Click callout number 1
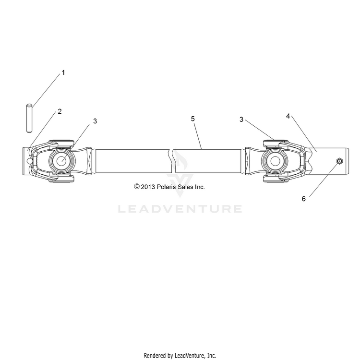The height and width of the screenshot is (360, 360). pyautogui.click(x=63, y=73)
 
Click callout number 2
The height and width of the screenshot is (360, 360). pyautogui.click(x=60, y=111)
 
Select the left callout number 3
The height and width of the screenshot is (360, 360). pyautogui.click(x=95, y=121)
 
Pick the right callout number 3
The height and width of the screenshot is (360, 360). pyautogui.click(x=241, y=120)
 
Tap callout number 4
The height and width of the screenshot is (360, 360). pyautogui.click(x=288, y=116)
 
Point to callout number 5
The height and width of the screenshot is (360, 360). pyautogui.click(x=193, y=119)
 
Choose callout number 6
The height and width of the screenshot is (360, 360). pyautogui.click(x=304, y=199)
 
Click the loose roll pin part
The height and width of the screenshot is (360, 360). pyautogui.click(x=29, y=119)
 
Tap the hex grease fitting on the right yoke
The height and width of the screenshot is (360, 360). pyautogui.click(x=339, y=161)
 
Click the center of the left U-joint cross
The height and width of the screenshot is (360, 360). pyautogui.click(x=62, y=161)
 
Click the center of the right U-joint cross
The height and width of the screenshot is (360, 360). pyautogui.click(x=275, y=161)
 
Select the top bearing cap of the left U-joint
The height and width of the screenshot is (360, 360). pyautogui.click(x=61, y=143)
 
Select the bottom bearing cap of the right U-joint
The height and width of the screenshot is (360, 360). pyautogui.click(x=276, y=179)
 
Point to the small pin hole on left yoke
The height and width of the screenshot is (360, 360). pyautogui.click(x=30, y=161)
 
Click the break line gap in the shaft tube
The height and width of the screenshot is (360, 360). pyautogui.click(x=172, y=161)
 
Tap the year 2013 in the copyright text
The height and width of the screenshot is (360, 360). pyautogui.click(x=148, y=187)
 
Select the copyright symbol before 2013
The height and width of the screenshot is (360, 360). pyautogui.click(x=137, y=187)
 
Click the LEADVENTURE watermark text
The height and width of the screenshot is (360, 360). pyautogui.click(x=180, y=209)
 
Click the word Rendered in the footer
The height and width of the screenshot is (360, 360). pyautogui.click(x=158, y=355)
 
